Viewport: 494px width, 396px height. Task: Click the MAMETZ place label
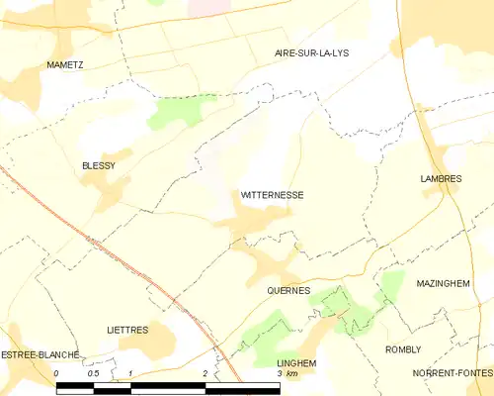tap(64, 64)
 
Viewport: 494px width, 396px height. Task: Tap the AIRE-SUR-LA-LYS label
tap(311, 52)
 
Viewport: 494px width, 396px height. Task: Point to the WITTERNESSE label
tap(272, 196)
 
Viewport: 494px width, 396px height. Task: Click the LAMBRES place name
tap(442, 178)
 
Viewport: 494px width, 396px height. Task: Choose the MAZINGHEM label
tap(442, 283)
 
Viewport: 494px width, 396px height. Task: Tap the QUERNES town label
tap(288, 290)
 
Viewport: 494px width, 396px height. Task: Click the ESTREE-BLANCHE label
tap(40, 354)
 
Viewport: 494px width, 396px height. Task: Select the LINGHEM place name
tap(296, 363)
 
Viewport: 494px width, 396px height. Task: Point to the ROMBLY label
tap(403, 349)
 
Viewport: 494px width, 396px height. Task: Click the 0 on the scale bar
tap(57, 373)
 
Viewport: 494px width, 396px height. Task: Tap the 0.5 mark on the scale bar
tap(93, 373)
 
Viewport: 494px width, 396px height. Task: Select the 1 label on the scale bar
tap(130, 373)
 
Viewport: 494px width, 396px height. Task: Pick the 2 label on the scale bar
tap(204, 373)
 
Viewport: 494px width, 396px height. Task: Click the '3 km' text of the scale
tap(287, 374)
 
